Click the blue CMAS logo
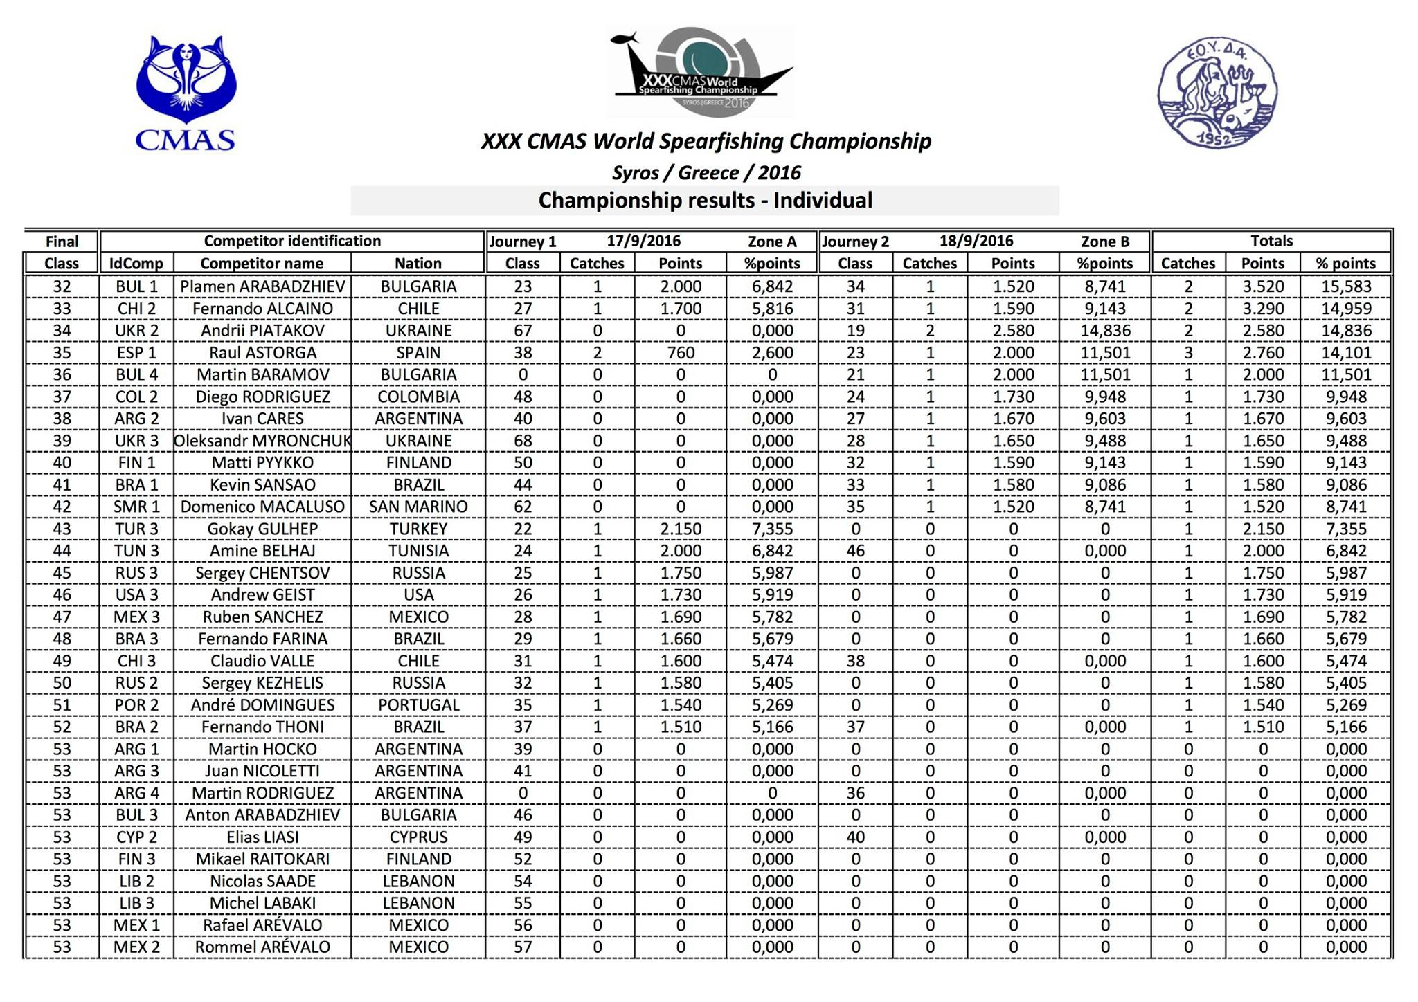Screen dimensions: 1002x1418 [x=186, y=93]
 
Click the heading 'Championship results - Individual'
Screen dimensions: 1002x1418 [x=705, y=201]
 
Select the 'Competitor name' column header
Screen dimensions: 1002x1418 [x=262, y=264]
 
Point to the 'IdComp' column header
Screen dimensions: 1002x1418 [x=136, y=264]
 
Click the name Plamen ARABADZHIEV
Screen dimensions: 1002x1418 [x=262, y=286]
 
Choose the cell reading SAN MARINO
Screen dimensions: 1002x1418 [x=418, y=507]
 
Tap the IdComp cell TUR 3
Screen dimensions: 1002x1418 [x=136, y=529]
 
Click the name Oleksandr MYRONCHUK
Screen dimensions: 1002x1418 [x=262, y=441]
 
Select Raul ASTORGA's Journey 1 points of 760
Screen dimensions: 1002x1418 [x=681, y=353]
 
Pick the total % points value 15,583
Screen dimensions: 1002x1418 [x=1346, y=286]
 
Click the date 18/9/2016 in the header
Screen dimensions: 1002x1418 [x=976, y=242]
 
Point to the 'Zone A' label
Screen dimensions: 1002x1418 [x=772, y=242]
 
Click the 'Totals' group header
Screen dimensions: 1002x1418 [x=1271, y=242]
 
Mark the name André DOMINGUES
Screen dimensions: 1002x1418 [x=262, y=705]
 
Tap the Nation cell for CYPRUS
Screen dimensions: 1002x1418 [x=418, y=837]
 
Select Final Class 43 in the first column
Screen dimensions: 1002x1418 [x=62, y=529]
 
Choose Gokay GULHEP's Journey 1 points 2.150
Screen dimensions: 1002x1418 [x=681, y=529]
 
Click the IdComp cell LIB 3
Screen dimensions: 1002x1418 [x=136, y=903]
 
